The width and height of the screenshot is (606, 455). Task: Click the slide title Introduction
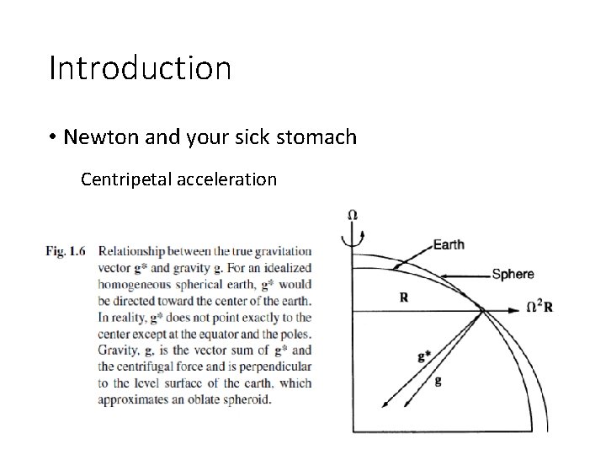140,68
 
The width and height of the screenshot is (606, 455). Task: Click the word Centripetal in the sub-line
123,179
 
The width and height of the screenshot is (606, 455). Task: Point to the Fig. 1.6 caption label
67,251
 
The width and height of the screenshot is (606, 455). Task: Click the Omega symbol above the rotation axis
352,215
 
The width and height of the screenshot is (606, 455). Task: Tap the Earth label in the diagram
449,245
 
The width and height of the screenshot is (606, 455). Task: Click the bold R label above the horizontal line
404,297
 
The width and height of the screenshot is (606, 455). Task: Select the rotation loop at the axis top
352,231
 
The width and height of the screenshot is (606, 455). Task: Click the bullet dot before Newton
52,136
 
